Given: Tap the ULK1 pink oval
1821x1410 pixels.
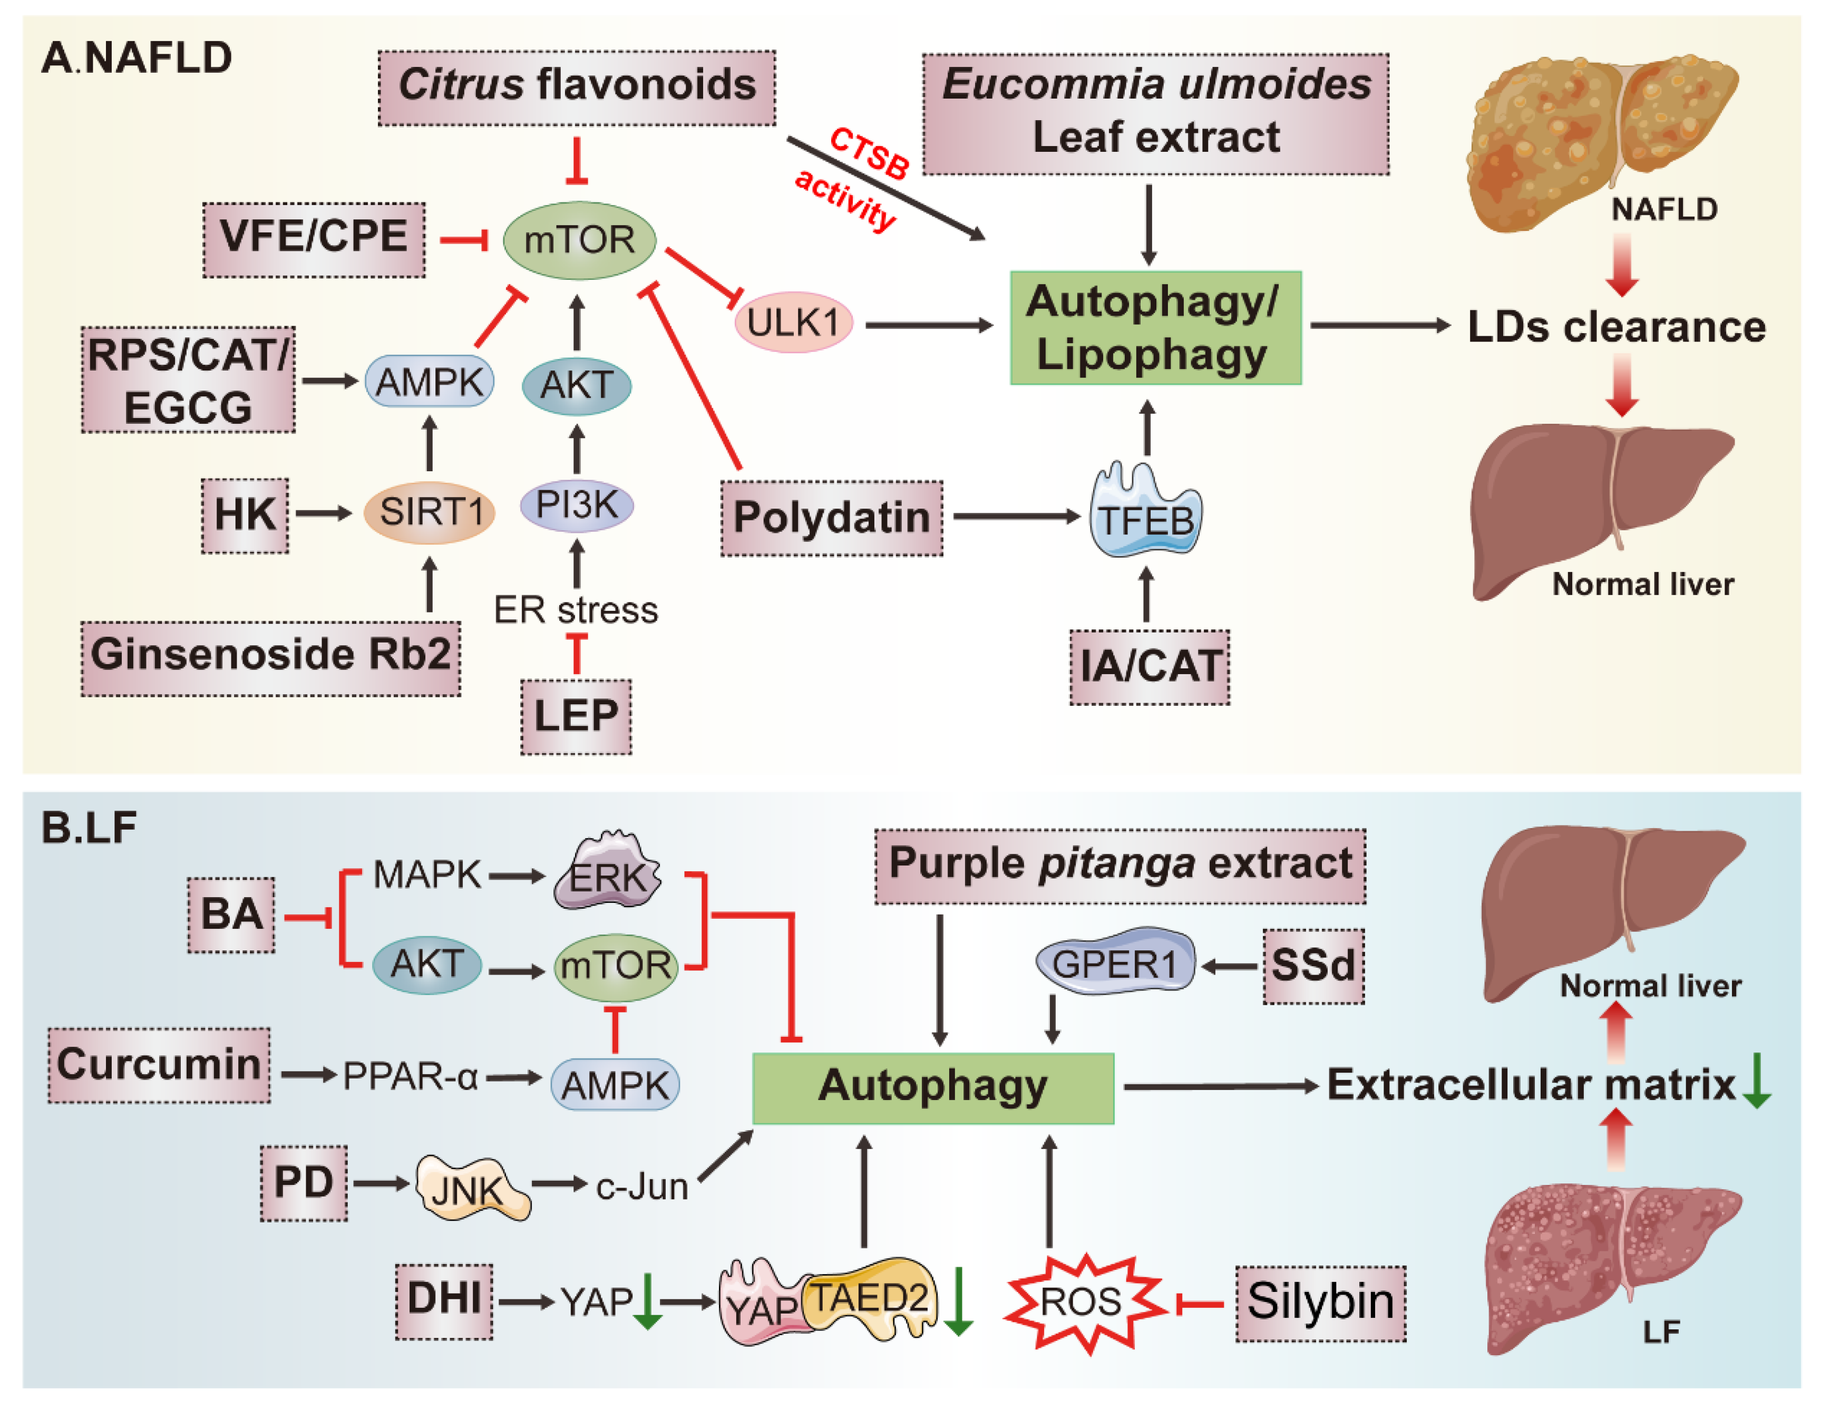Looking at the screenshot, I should point(793,323).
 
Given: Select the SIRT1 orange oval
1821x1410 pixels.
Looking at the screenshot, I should point(430,512).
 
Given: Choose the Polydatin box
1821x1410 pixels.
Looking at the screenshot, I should point(831,518).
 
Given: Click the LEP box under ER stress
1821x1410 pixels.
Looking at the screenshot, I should point(576,716).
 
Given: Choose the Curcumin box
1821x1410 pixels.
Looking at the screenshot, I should point(159,1065).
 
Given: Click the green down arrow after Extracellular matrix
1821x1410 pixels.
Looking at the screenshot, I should point(1757,1082).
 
